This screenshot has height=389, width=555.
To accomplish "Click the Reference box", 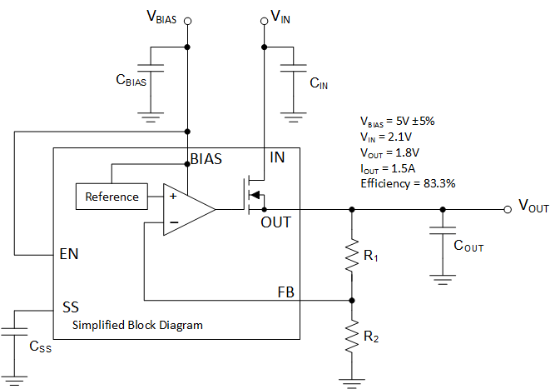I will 111,197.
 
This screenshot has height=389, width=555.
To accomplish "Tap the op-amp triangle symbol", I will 188,210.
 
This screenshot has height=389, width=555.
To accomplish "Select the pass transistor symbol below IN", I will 253,193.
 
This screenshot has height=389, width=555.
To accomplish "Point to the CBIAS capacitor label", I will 132,81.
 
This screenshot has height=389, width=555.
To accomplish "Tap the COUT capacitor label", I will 468,247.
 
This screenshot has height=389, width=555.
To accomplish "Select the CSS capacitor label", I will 40,348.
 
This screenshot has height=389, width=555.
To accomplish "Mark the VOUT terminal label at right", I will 533,206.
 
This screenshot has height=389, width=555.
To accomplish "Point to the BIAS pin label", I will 206,158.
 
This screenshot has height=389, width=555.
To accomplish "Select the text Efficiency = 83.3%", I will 407,182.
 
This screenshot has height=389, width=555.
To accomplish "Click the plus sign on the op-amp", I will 172,197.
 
